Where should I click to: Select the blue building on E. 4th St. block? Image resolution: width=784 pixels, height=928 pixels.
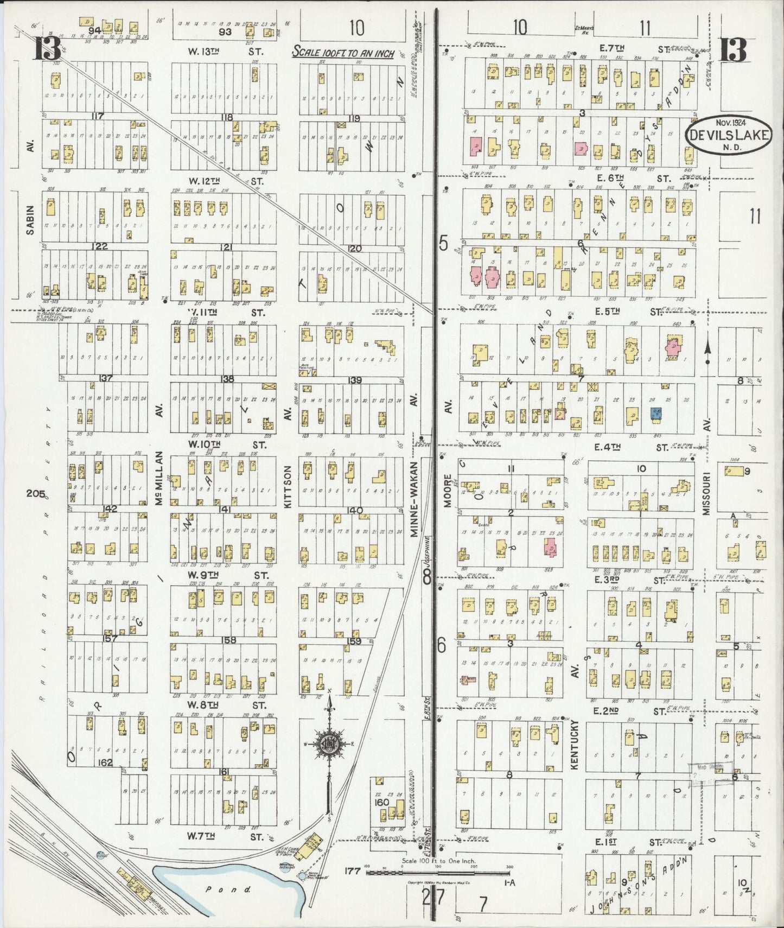(655, 414)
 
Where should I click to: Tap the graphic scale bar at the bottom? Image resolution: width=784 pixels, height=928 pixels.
(438, 873)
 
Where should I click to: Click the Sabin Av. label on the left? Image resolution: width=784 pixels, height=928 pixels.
(30, 220)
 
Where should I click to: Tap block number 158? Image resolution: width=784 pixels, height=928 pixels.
(230, 640)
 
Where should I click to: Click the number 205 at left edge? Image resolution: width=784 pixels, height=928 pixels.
(36, 493)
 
